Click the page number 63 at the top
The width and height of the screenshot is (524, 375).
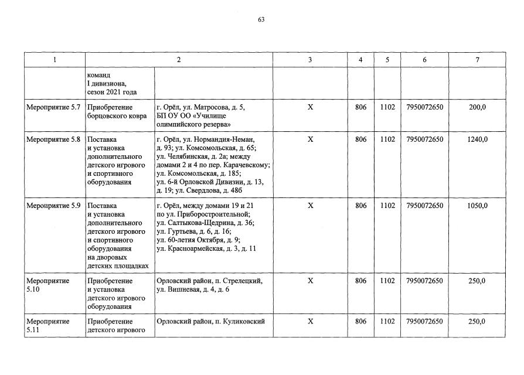261,19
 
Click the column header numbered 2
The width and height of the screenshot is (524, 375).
179,60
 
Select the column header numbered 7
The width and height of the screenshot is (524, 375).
477,60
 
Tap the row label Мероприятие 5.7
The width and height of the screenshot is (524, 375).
53,107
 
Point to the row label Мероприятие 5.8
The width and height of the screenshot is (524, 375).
53,139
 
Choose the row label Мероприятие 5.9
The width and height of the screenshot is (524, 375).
53,206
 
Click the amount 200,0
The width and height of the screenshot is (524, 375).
477,107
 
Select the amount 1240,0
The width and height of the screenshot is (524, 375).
477,139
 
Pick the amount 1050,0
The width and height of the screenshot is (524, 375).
477,206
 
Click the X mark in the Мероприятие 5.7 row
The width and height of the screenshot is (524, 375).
311,107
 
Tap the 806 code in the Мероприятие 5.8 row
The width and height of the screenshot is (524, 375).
361,139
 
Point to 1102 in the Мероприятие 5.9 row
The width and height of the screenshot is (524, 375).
387,206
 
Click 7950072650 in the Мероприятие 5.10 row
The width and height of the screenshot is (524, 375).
424,281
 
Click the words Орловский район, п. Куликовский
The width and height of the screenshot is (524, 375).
210,321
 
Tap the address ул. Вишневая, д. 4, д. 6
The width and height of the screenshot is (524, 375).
193,289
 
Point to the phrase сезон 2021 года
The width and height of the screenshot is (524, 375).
112,93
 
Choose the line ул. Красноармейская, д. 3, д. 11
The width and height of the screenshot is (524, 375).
206,248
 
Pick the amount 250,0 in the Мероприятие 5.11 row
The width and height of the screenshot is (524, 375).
477,321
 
